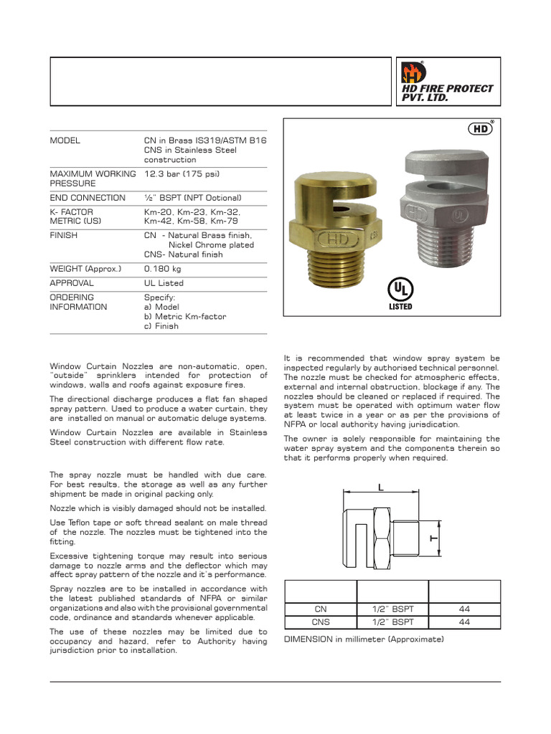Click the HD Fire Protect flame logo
pyautogui.click(x=413, y=72)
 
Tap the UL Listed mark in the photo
pyautogui.click(x=400, y=292)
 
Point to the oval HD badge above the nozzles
pyautogui.click(x=481, y=129)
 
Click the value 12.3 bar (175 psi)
pyautogui.click(x=182, y=174)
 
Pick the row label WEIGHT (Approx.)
pyautogui.click(x=85, y=269)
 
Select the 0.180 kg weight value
pyautogui.click(x=163, y=269)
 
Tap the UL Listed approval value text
pyautogui.click(x=164, y=283)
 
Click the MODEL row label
pyautogui.click(x=65, y=140)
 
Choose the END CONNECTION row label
pyautogui.click(x=88, y=198)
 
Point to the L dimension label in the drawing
pyautogui.click(x=381, y=487)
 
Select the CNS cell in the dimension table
pyautogui.click(x=321, y=622)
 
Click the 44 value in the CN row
pyautogui.click(x=464, y=609)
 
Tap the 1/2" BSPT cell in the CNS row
pyautogui.click(x=392, y=622)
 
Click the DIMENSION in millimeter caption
pyautogui.click(x=364, y=639)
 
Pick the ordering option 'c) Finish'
pyautogui.click(x=161, y=326)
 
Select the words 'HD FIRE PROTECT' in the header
pyautogui.click(x=447, y=88)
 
